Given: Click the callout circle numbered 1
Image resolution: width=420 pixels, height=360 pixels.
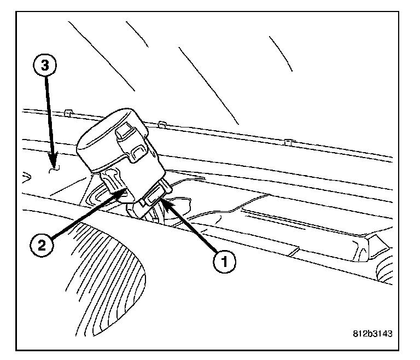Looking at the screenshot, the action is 225,262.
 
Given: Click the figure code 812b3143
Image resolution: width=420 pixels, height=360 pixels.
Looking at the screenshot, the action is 372,333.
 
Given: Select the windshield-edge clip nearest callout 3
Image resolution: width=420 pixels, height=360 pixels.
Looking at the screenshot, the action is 68,113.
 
